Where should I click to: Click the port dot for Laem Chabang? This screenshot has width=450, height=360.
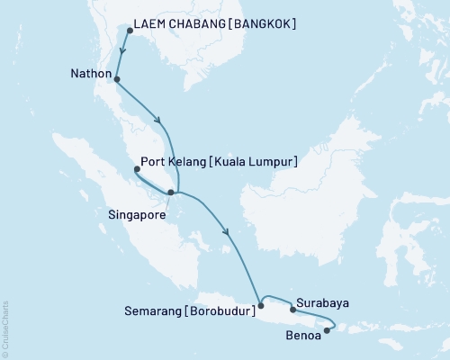[x=130, y=31]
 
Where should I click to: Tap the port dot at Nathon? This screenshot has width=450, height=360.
[x=117, y=80]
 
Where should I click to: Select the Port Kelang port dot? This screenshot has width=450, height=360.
[x=137, y=168]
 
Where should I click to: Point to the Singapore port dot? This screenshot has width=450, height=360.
[x=171, y=193]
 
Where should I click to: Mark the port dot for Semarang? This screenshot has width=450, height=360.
[x=261, y=305]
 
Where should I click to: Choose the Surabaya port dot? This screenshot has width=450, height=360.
[x=293, y=310]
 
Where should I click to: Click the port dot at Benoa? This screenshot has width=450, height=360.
[x=327, y=330]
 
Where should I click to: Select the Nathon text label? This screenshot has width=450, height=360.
[x=91, y=72]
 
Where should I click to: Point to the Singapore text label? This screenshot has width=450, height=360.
[x=138, y=214]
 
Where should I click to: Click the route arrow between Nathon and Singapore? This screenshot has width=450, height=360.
[x=159, y=122]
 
